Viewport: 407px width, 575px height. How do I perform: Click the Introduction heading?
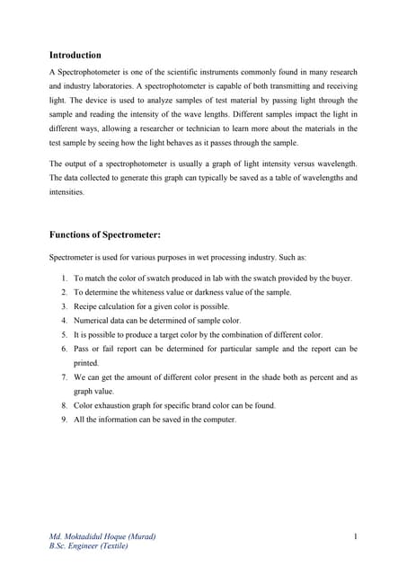click(75, 55)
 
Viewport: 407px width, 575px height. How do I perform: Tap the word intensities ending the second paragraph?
click(66, 191)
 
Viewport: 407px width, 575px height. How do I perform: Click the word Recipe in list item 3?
click(86, 306)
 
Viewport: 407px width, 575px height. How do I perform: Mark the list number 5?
click(65, 334)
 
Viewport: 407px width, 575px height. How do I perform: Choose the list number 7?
click(65, 377)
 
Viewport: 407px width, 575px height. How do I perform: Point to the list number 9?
click(65, 420)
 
